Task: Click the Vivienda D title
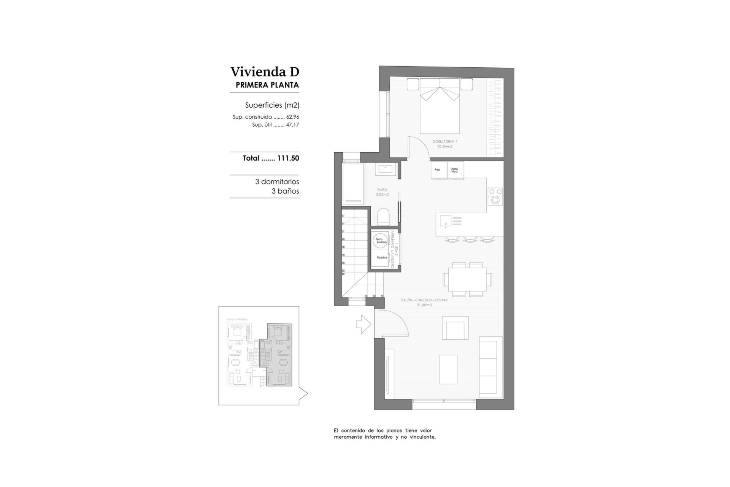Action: [x=265, y=72]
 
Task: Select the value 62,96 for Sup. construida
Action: [x=292, y=117]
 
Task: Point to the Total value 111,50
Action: [x=288, y=158]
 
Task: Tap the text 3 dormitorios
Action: [x=277, y=182]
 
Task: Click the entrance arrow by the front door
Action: [x=363, y=324]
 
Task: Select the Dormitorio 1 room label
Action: [x=445, y=142]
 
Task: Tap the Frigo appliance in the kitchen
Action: [x=438, y=170]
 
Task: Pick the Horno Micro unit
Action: [x=455, y=170]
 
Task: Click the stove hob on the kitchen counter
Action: [x=495, y=196]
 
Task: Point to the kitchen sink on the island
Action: [x=445, y=221]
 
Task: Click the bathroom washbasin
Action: [x=387, y=169]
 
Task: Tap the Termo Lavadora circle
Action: [x=381, y=240]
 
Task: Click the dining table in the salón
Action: [x=467, y=279]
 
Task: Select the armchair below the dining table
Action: [x=455, y=328]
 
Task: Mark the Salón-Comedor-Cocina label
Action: [x=424, y=300]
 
